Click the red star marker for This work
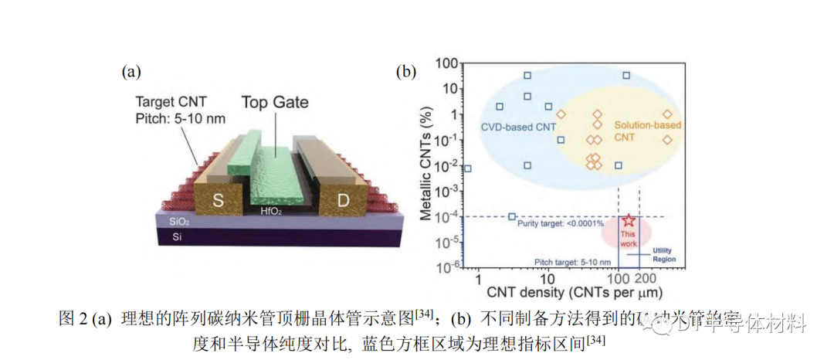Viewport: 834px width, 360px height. click(x=629, y=220)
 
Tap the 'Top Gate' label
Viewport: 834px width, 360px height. click(x=275, y=102)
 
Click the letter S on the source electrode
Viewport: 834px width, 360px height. click(x=219, y=200)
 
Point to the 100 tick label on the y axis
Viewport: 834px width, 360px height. click(x=447, y=63)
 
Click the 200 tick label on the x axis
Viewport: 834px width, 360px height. click(x=645, y=277)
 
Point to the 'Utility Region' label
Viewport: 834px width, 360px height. click(x=663, y=255)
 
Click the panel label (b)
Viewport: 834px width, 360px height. click(x=406, y=72)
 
